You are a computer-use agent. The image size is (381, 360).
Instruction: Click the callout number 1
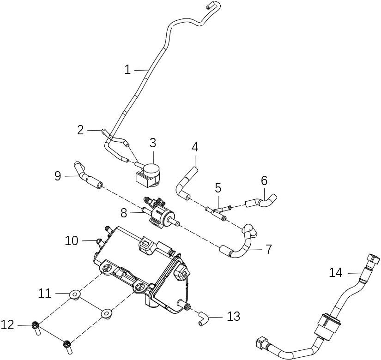(127, 70)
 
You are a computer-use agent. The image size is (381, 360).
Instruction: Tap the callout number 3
(153, 143)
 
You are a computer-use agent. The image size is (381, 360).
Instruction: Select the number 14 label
(336, 272)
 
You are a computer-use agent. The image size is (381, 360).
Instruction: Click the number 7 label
(268, 249)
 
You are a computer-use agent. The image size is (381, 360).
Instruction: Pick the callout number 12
(8, 325)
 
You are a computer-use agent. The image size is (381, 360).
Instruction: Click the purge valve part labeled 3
(149, 173)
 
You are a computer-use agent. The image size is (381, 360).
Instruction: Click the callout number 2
(80, 130)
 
